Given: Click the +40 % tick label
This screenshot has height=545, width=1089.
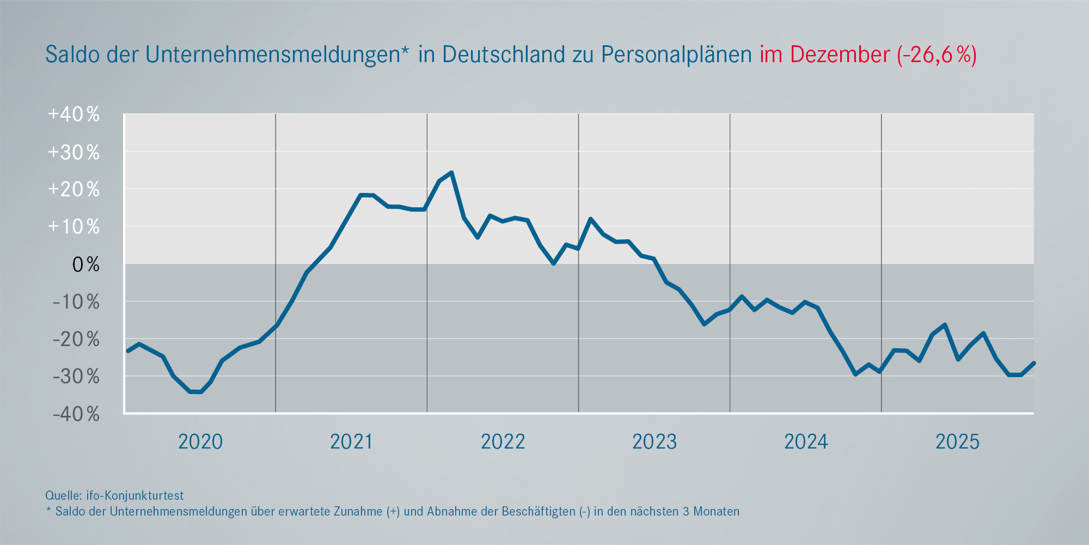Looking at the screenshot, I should (74, 114).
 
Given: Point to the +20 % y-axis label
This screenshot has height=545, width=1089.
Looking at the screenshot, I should (74, 190).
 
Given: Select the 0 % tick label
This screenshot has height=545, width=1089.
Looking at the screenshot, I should (85, 265).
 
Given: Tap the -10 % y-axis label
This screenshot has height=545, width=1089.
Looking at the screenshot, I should (76, 302).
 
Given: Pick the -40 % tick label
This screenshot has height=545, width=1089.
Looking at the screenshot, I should (76, 414).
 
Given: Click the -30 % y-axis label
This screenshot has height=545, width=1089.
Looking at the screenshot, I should (76, 377).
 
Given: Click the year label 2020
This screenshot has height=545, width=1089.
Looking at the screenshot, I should (200, 441).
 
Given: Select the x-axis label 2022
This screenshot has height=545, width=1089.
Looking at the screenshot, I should (503, 441).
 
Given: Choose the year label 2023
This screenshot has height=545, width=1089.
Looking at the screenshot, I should (654, 441).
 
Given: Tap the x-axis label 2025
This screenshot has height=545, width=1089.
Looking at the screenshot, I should (957, 441).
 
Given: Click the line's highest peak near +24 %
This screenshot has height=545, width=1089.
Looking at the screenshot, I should (451, 173).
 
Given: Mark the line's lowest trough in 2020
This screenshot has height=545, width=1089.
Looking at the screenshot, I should (195, 392).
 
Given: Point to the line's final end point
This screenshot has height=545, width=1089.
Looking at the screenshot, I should (1033, 363).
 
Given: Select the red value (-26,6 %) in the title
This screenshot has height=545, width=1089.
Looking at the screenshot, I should (937, 55).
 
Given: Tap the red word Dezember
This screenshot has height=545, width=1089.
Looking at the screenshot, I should (840, 55).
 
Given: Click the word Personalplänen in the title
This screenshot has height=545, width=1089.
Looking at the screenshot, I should (676, 55).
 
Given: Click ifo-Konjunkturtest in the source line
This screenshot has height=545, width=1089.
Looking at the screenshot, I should (134, 495).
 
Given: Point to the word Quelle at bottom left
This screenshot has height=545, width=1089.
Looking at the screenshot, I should (63, 495).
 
